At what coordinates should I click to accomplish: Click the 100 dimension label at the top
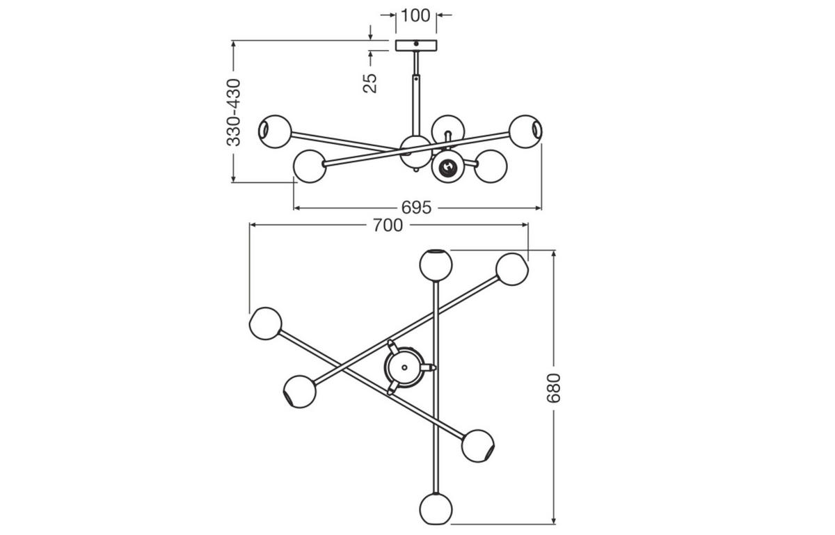416,15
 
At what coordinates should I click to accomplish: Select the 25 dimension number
371,83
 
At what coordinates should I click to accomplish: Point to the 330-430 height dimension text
234,112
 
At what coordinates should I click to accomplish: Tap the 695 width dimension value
417,207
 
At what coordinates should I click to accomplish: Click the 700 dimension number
388,225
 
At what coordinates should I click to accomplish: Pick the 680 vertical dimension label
553,388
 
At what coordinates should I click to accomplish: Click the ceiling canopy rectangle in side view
416,45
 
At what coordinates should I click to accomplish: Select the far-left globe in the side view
274,131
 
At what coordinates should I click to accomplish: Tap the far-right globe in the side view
525,131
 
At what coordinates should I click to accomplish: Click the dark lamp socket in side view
445,167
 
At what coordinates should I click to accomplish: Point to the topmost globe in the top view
436,264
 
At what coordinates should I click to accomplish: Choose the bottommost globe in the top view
436,509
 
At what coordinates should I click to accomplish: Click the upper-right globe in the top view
512,269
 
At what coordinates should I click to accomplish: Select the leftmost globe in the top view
265,324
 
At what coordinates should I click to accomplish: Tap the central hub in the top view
404,367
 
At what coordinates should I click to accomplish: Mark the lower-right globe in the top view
478,445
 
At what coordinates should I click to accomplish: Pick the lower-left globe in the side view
310,166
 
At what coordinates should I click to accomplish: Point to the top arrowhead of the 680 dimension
554,253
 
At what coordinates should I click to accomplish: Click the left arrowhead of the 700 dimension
253,225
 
